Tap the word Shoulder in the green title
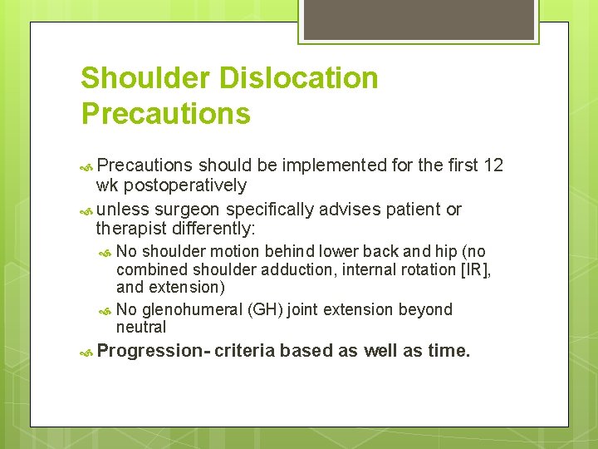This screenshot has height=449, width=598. (x=146, y=78)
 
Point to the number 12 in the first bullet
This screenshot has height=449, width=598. (x=493, y=165)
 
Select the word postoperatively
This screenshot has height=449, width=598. (x=184, y=185)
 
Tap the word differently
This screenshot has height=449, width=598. (x=215, y=229)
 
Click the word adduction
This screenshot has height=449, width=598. (x=315, y=269)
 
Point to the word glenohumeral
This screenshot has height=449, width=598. (x=192, y=309)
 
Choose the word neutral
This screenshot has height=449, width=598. (x=141, y=328)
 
